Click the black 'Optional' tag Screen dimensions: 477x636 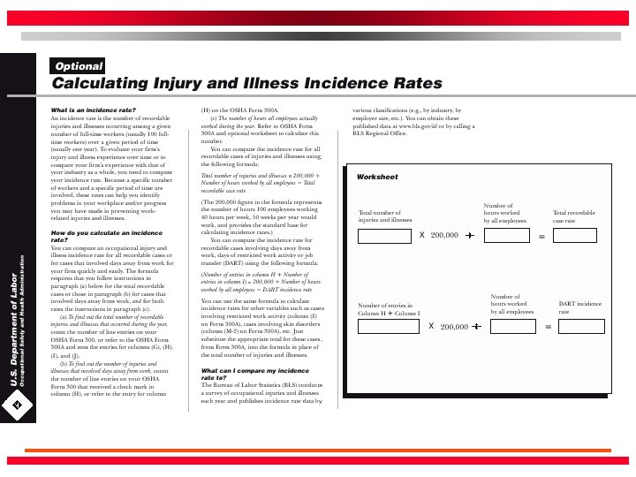(x=79, y=66)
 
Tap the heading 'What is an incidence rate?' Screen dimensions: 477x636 (x=93, y=110)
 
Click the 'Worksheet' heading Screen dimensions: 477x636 (x=377, y=178)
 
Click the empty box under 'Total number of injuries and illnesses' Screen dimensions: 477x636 (x=385, y=235)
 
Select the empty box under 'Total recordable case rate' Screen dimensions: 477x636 (x=579, y=235)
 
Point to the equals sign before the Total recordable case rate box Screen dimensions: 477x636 (x=541, y=236)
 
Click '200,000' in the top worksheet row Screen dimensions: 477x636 (x=444, y=236)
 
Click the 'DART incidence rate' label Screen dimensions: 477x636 (x=579, y=307)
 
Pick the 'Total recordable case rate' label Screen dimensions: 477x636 (x=574, y=216)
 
